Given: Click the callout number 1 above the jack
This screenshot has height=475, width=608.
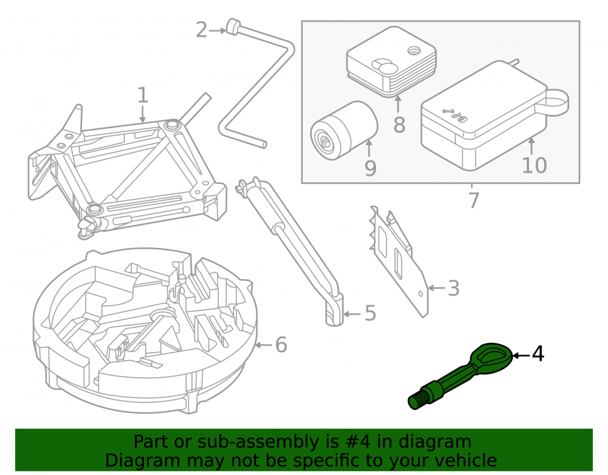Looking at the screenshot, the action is [143, 95].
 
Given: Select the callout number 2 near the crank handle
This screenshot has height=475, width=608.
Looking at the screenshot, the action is [202, 30].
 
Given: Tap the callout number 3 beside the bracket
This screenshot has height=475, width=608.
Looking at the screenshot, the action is [454, 288].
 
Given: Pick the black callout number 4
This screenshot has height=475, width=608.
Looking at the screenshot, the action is [538, 354].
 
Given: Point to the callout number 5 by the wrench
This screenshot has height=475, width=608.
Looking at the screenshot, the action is [371, 313].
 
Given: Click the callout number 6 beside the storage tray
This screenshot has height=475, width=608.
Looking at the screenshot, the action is [281, 345].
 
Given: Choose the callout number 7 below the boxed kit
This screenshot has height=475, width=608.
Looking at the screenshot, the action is [474, 200].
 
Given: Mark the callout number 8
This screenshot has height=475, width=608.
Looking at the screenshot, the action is [399, 125].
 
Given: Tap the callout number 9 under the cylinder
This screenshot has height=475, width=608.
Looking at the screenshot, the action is [371, 168].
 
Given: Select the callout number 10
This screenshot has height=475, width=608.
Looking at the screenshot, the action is [534, 165].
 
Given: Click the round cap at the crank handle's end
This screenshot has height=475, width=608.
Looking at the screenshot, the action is [233, 26].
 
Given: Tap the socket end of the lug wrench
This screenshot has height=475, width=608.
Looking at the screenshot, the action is [334, 310].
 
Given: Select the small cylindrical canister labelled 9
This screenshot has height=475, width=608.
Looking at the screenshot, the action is [344, 130].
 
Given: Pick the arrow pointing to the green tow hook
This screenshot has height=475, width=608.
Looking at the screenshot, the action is [520, 355].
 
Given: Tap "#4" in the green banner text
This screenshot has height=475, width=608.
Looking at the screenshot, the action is [357, 442].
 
